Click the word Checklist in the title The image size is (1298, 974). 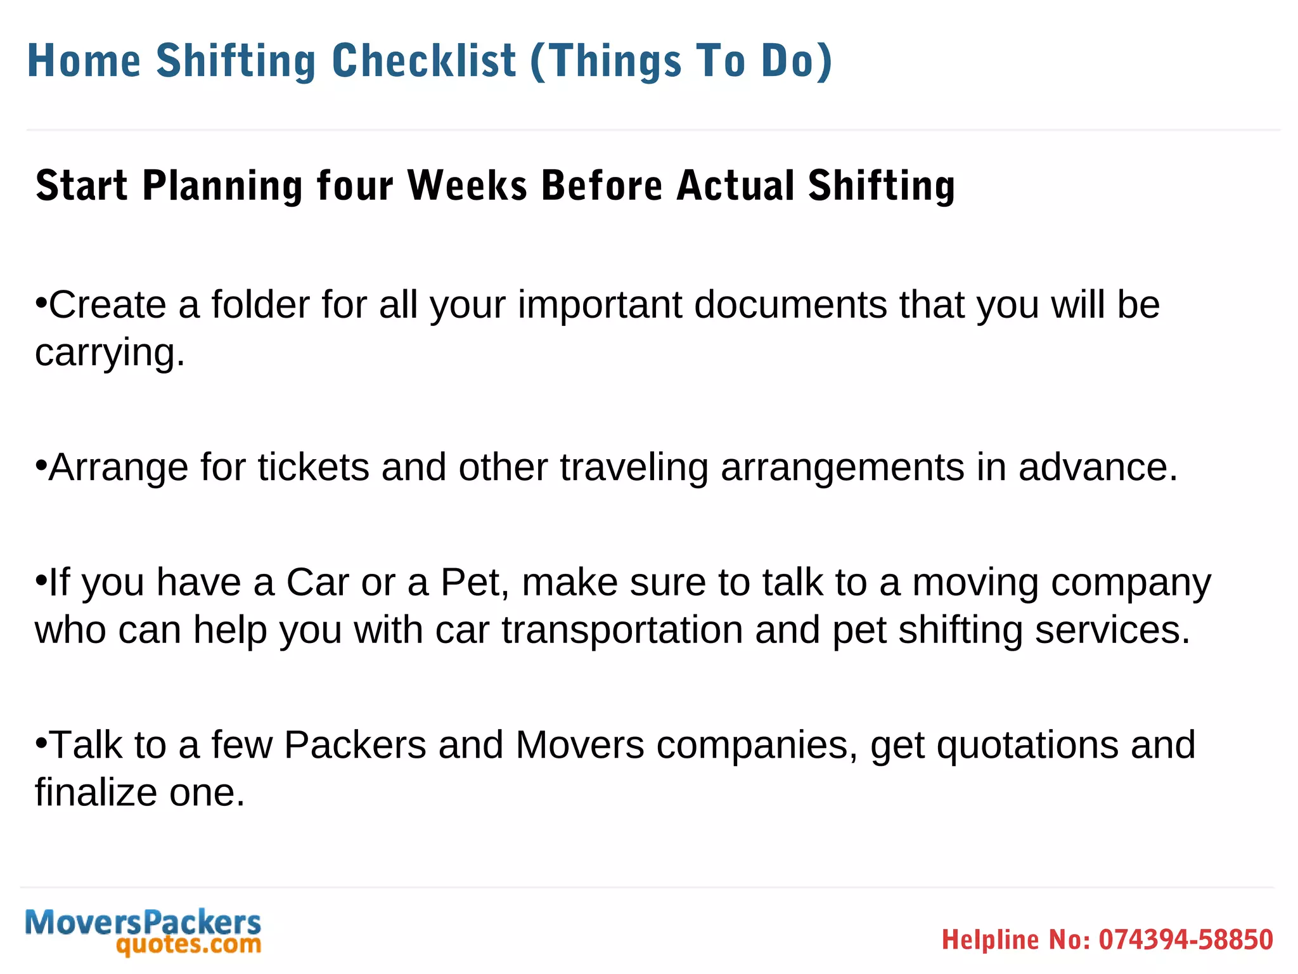(x=424, y=61)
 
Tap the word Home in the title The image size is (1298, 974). (x=84, y=61)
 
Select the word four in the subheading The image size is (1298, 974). (x=355, y=185)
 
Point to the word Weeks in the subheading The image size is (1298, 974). (x=467, y=185)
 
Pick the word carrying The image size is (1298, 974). (x=110, y=353)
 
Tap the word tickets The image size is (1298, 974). (x=313, y=467)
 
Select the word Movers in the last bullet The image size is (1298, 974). (x=580, y=744)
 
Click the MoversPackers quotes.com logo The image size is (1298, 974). (x=143, y=931)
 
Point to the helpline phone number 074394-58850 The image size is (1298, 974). (x=1186, y=940)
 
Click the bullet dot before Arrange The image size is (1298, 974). (x=41, y=465)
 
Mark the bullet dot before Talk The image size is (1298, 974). (x=41, y=742)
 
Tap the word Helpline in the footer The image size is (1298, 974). (x=990, y=940)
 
